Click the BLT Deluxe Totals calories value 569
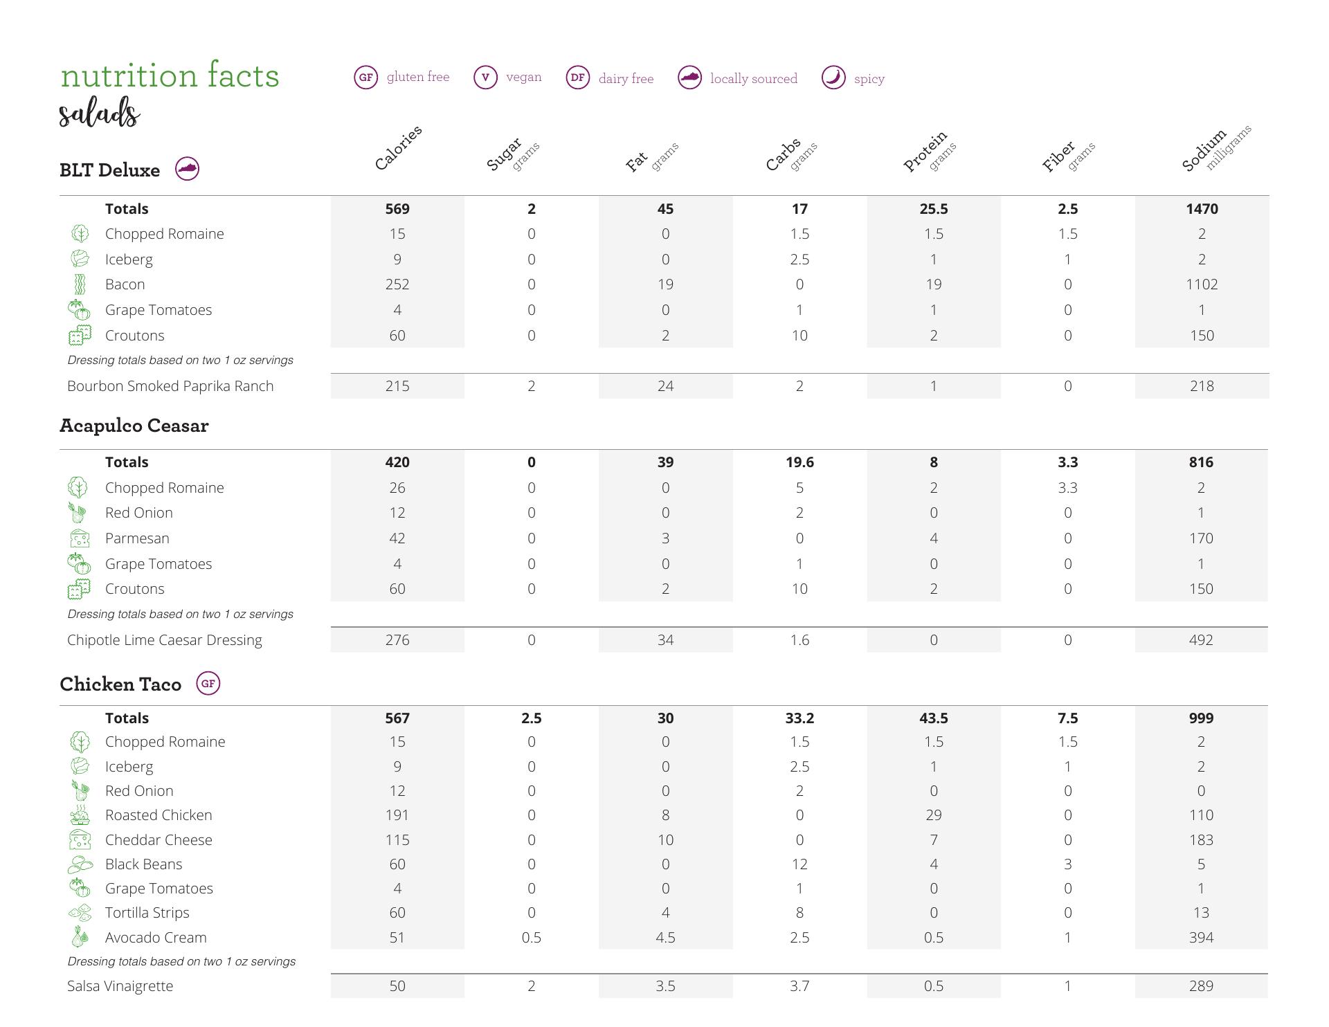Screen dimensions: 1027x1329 (x=397, y=209)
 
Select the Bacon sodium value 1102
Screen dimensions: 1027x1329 (x=1202, y=284)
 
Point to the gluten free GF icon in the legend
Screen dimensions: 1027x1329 (x=365, y=78)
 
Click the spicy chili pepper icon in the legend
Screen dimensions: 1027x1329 (x=833, y=78)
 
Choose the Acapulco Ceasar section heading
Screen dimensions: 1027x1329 (x=134, y=426)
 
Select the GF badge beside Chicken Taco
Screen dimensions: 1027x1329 (x=208, y=684)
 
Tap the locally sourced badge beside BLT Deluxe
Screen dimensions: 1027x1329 (x=187, y=169)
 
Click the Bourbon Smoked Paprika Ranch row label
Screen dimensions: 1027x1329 (x=170, y=386)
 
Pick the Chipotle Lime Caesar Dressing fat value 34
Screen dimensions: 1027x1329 (x=665, y=640)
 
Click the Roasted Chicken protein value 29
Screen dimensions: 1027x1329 (x=933, y=815)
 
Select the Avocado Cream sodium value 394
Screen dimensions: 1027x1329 (x=1201, y=938)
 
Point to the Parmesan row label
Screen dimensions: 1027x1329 (x=137, y=538)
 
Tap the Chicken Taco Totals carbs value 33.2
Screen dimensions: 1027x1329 (x=799, y=718)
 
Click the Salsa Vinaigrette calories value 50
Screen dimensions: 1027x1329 (x=397, y=986)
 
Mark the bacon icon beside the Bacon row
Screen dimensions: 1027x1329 (x=80, y=284)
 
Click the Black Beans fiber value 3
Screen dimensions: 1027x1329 (x=1067, y=864)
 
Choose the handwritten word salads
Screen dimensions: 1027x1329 (x=100, y=113)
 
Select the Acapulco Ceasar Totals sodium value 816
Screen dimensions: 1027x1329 (x=1201, y=462)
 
